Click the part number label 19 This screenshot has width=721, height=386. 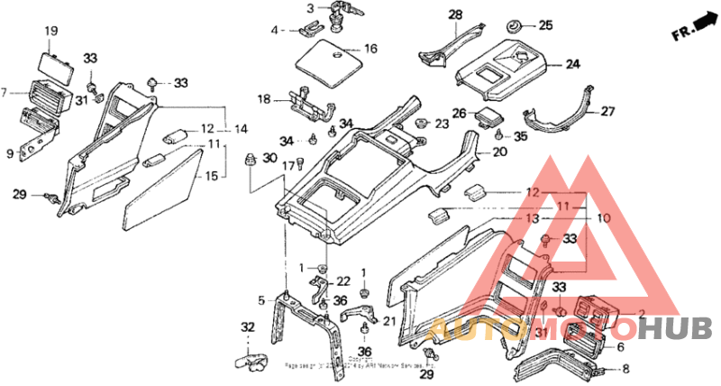[51, 32]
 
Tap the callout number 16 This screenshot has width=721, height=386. [370, 49]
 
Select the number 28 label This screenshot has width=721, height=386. [455, 14]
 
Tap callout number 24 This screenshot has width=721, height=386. [573, 64]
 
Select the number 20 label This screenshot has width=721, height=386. [499, 152]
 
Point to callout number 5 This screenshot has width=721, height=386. [262, 300]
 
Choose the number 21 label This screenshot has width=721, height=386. [389, 322]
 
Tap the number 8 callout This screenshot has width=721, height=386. [626, 369]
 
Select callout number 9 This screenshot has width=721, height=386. [10, 154]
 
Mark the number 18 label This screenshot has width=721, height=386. [264, 99]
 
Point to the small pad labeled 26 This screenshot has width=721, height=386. [490, 116]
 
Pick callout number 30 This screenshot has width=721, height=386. [269, 159]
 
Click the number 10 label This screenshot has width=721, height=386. [601, 218]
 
